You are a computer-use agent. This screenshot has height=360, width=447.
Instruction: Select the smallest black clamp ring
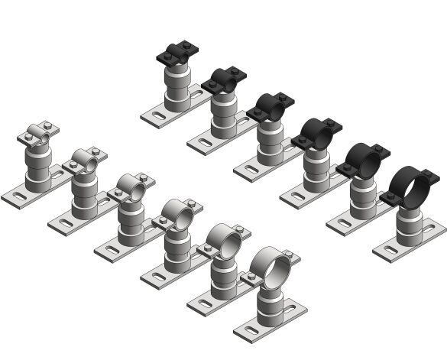pos(177,55)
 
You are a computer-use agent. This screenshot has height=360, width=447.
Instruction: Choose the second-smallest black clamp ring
pos(224,79)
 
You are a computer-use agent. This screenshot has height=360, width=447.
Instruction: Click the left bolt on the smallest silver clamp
pos(28,138)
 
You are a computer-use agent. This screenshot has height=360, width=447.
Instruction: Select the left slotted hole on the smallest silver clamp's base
pos(17,198)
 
